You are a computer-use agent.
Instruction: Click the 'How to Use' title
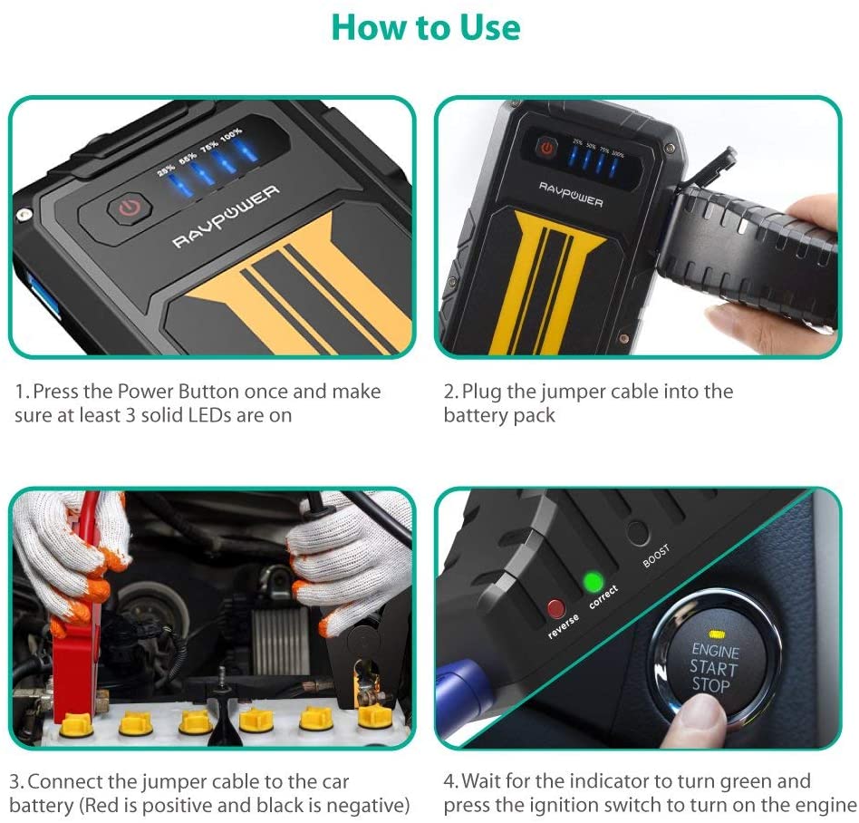click(x=427, y=27)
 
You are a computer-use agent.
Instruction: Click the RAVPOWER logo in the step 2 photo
click(x=572, y=194)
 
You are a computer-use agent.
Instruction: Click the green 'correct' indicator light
click(x=594, y=581)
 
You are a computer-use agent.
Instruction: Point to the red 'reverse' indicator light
click(x=555, y=608)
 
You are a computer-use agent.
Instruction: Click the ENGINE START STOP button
click(x=716, y=666)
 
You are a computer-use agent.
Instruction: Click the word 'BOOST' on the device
click(x=657, y=556)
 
